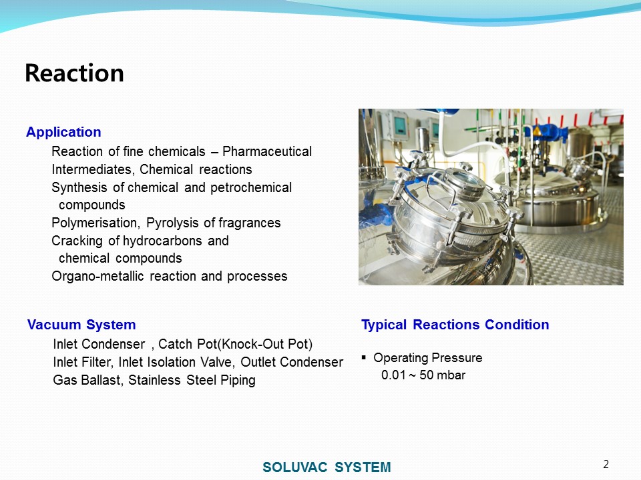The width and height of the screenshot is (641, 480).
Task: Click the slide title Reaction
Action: [x=74, y=73]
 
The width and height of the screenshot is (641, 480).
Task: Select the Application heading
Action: [x=64, y=132]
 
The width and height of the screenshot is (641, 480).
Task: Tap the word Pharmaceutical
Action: [x=267, y=151]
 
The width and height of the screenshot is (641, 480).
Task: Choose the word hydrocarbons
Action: [x=162, y=241]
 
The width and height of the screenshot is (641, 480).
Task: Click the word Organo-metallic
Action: [x=97, y=276]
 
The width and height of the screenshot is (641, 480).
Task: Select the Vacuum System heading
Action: [x=81, y=325]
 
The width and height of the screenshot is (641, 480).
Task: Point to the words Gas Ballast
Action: [x=88, y=380]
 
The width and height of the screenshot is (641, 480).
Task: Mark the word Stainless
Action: [x=154, y=380]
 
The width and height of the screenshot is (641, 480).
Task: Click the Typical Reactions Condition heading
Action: [x=455, y=325]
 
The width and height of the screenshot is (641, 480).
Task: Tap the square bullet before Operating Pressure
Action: [x=364, y=358]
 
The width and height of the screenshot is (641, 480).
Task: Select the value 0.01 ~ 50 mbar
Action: [x=423, y=375]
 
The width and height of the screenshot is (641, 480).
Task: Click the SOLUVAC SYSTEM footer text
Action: [x=327, y=467]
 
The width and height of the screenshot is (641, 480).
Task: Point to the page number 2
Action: [x=606, y=464]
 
